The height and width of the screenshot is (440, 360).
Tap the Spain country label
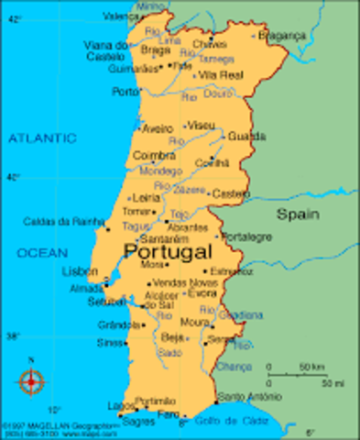point(299,214)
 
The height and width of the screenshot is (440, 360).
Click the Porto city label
point(124,92)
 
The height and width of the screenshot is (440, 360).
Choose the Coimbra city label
point(154,156)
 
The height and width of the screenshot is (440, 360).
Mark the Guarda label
point(247,137)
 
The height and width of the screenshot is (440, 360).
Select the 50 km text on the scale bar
point(311,368)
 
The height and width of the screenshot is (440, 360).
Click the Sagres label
point(136,423)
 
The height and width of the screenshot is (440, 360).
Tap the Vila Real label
point(220,74)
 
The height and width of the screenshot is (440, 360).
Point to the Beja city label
point(172,337)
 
